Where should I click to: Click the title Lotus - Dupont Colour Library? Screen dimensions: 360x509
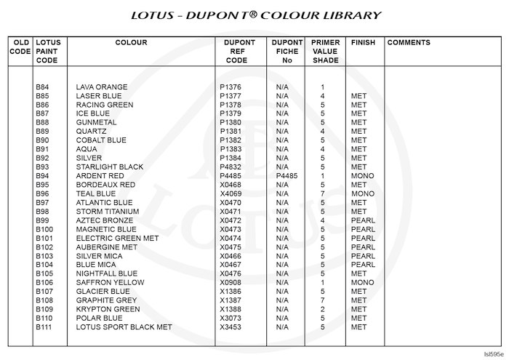[x=255, y=15]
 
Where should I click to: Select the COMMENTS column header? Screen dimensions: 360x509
[x=409, y=43]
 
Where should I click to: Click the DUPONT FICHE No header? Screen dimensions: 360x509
[x=286, y=52]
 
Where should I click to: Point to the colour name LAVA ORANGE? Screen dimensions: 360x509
[x=102, y=87]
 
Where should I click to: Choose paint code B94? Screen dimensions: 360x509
[x=42, y=176]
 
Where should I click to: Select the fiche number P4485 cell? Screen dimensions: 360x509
[x=286, y=176]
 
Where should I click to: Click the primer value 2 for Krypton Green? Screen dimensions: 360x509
[x=321, y=309]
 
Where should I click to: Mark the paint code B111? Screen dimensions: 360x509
[x=44, y=327]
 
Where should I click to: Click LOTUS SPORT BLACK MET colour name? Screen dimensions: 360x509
[x=124, y=327]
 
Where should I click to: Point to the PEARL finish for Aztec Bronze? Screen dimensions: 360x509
[x=363, y=220]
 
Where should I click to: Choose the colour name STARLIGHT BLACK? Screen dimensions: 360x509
[x=110, y=167]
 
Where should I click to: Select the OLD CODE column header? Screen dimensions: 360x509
[x=20, y=47]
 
